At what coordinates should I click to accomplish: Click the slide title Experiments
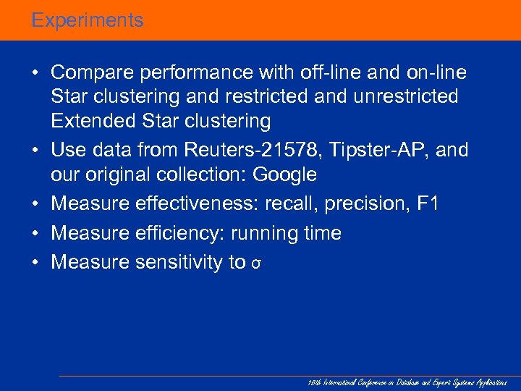point(88,20)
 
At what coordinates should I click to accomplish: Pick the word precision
point(366,204)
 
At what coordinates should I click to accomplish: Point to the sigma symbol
point(255,264)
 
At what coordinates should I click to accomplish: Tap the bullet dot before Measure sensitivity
point(35,262)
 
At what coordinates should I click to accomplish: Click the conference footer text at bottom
point(408,382)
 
